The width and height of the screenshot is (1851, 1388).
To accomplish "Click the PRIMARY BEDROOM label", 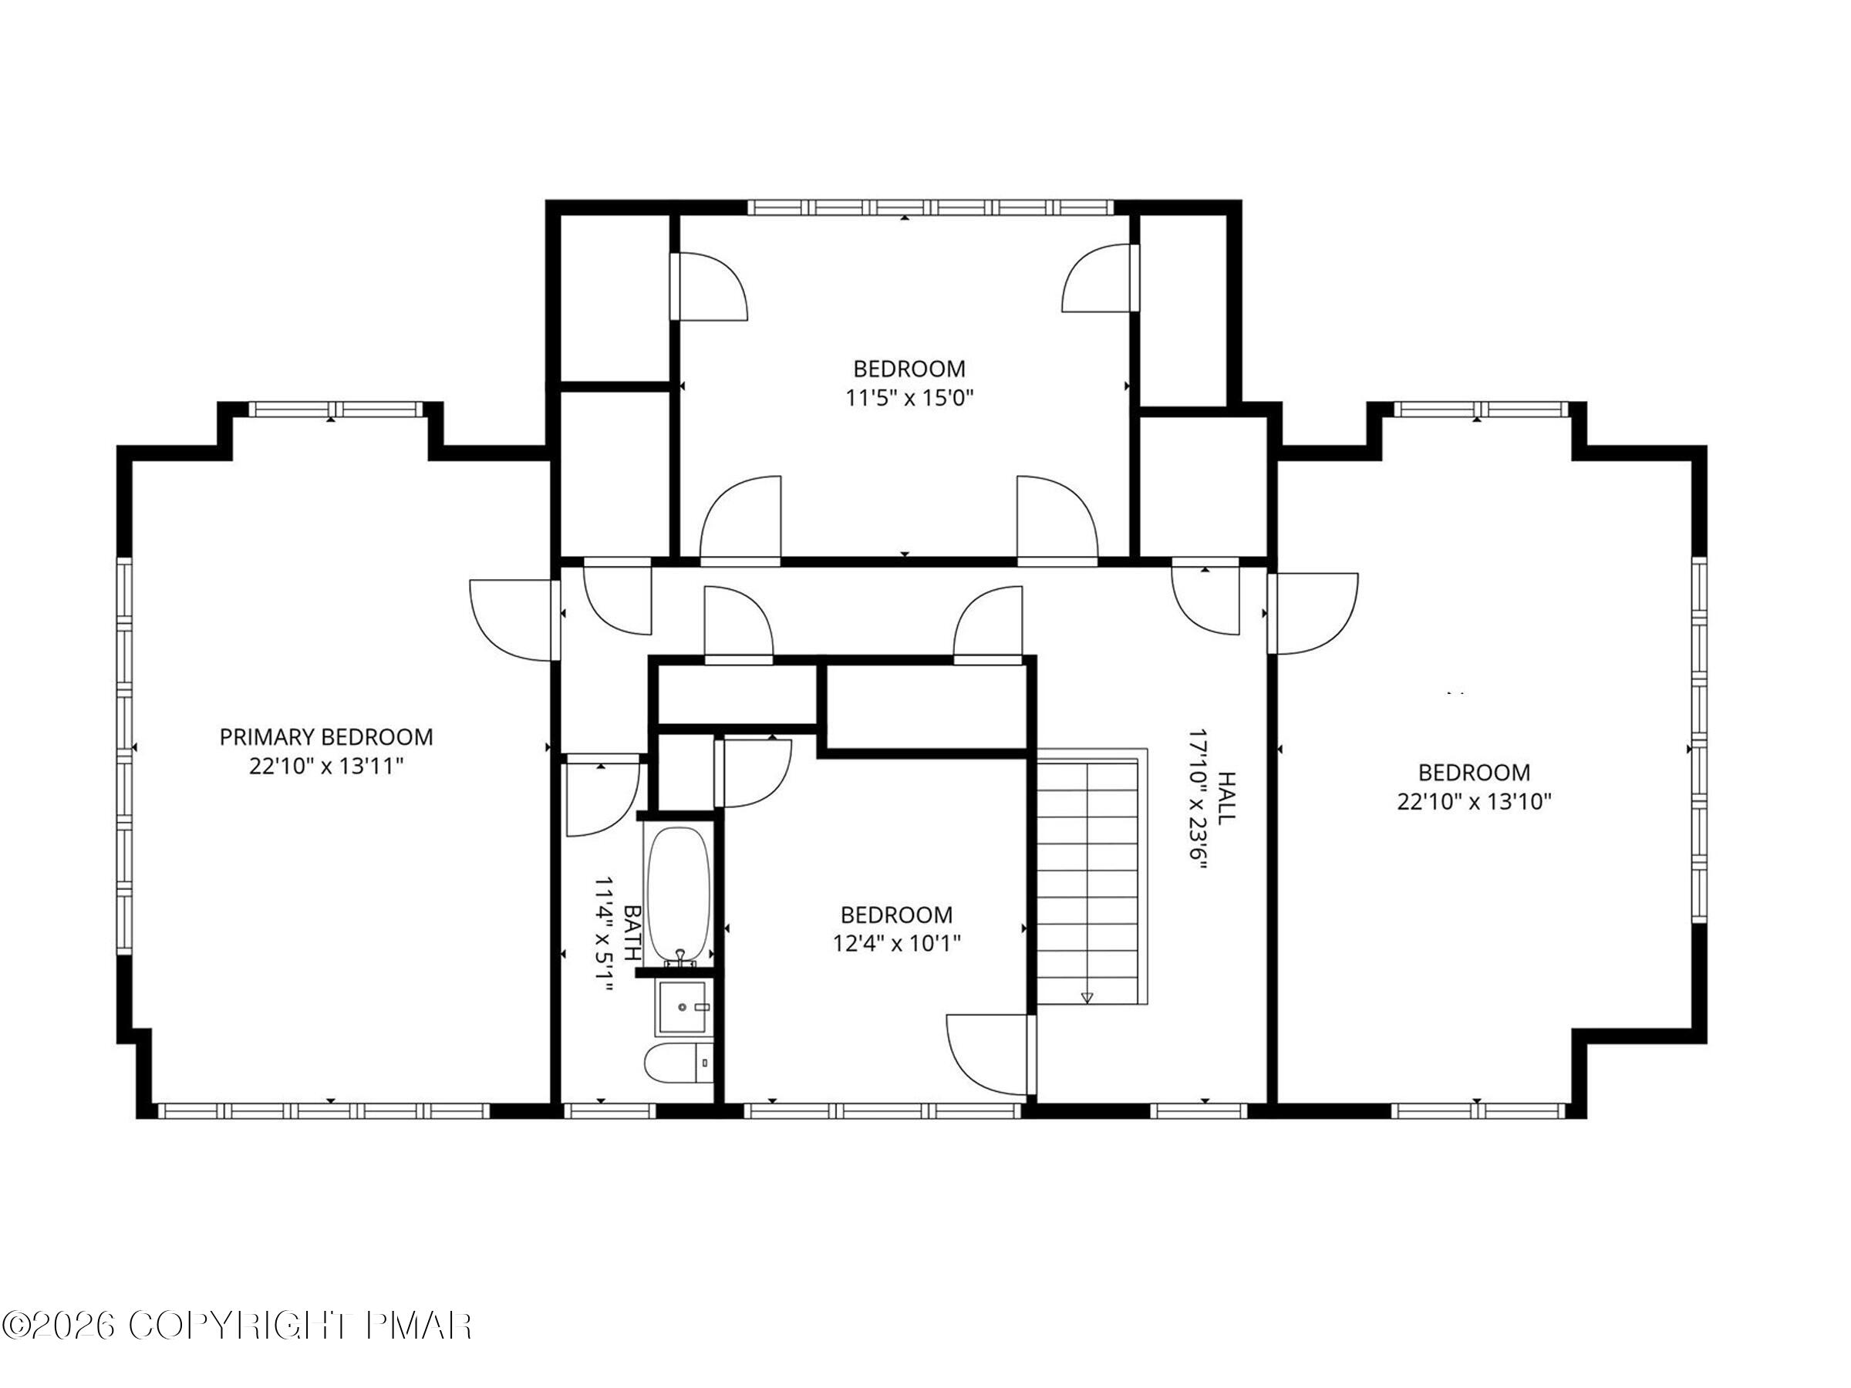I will [x=326, y=737].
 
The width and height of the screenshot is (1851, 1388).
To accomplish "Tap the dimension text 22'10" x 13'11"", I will [x=326, y=766].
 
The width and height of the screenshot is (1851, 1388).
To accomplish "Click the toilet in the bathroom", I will [x=677, y=1063].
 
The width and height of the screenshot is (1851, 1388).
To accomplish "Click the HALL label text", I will [x=1225, y=798].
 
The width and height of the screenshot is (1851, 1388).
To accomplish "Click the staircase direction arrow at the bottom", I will [x=1087, y=996].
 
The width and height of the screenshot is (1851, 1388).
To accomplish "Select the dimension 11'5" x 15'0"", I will [x=909, y=397].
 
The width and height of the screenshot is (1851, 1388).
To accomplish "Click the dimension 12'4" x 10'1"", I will [x=896, y=944].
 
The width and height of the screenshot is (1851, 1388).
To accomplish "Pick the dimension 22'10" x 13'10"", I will [x=1474, y=801].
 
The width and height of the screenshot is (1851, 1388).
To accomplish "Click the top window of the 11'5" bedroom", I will [x=929, y=207].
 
